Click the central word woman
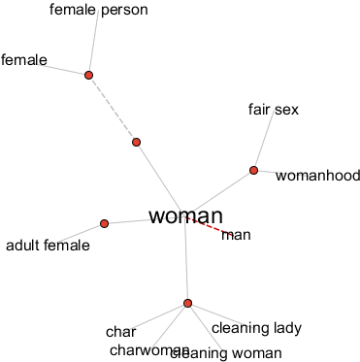(x=186, y=216)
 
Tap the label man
(x=237, y=234)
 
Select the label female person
(x=98, y=11)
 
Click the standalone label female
(x=24, y=60)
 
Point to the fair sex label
(x=274, y=110)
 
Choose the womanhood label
(x=317, y=176)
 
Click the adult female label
(x=48, y=246)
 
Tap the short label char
(x=120, y=332)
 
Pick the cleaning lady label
(x=256, y=328)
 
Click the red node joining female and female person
(x=88, y=75)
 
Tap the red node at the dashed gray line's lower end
(x=136, y=143)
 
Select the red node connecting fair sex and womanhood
(x=253, y=170)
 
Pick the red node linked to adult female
(x=104, y=223)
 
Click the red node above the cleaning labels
(x=187, y=303)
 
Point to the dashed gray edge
(x=112, y=109)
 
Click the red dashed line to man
(x=210, y=226)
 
